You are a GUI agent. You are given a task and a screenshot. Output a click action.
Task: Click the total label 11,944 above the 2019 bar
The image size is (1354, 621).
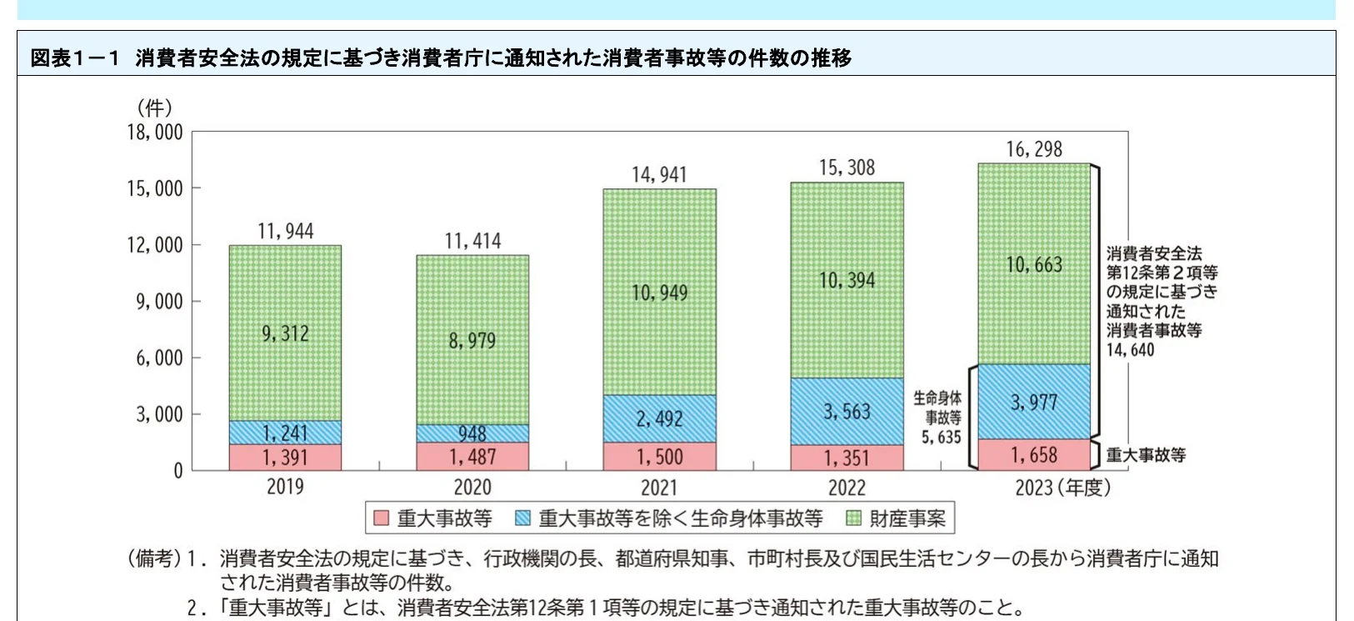pos(285,231)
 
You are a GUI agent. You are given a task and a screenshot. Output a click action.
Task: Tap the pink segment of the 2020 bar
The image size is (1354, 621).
pos(472,457)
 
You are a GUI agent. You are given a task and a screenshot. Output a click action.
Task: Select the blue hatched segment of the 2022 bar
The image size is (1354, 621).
pos(847,411)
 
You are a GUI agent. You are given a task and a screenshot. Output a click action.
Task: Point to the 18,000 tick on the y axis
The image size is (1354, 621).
pos(155,132)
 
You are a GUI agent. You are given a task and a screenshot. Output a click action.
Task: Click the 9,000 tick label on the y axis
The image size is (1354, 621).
pos(159,301)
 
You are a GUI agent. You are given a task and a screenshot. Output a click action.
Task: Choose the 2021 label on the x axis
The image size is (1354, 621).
pos(659,488)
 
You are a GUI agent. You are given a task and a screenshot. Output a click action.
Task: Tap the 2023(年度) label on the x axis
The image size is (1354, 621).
pos(1062,488)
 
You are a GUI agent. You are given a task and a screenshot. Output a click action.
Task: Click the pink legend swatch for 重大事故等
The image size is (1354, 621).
pos(381,518)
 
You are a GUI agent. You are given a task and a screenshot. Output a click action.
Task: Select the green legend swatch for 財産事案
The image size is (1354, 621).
pos(853,518)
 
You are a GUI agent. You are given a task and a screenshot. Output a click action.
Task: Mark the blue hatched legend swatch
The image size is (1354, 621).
pos(523,518)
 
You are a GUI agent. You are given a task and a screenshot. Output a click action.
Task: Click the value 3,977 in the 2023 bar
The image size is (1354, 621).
pos(1034,403)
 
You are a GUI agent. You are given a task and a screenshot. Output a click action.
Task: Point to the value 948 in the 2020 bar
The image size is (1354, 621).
pos(472,433)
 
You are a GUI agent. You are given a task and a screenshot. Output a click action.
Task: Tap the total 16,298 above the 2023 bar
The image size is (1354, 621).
pos(1034,149)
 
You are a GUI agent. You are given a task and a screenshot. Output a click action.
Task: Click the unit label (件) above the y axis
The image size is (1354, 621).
pos(154,108)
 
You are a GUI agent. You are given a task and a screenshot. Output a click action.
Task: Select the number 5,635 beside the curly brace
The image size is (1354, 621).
pos(941,437)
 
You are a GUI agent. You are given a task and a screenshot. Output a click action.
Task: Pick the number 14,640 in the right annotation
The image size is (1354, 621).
pos(1130,350)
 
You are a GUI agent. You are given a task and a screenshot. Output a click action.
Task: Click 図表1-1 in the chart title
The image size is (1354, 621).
pos(75,58)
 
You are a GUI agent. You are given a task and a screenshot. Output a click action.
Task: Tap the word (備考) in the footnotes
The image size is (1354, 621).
pos(153,558)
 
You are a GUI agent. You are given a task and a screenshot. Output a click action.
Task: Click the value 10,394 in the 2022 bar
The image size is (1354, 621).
pos(847,281)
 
